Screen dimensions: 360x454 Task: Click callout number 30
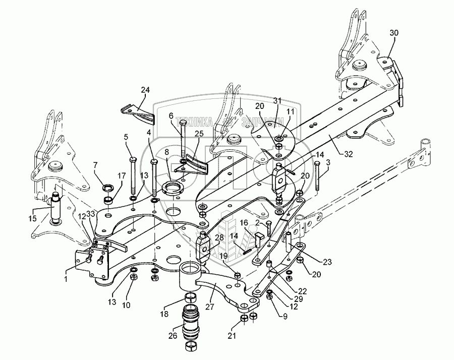394,33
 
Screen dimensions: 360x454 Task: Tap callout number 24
145,90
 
